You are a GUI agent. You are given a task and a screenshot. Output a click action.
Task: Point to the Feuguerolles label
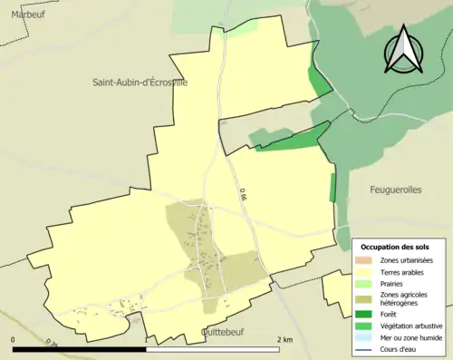(x=397, y=190)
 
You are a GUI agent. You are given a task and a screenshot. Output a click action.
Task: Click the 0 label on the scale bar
(x=14, y=339)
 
